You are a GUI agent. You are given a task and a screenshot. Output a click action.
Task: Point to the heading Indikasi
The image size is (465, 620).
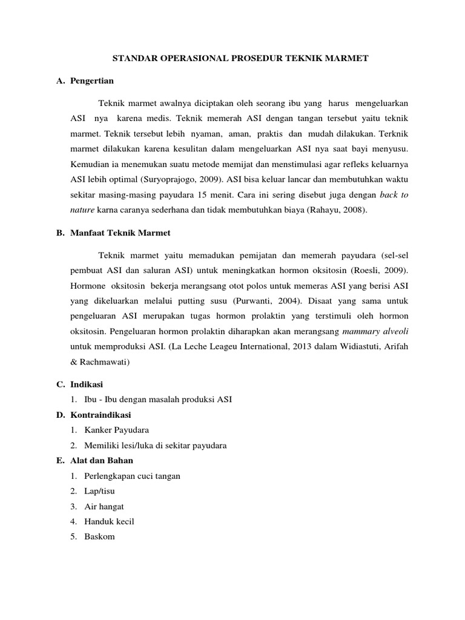pyautogui.click(x=87, y=384)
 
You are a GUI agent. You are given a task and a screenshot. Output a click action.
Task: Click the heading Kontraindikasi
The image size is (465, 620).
pyautogui.click(x=101, y=415)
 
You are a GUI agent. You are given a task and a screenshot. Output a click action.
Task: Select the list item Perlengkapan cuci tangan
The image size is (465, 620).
pyautogui.click(x=132, y=476)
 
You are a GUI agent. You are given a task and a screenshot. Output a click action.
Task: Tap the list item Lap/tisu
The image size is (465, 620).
pyautogui.click(x=99, y=491)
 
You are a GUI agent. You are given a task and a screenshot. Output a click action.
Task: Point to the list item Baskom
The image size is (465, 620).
pyautogui.click(x=99, y=536)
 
